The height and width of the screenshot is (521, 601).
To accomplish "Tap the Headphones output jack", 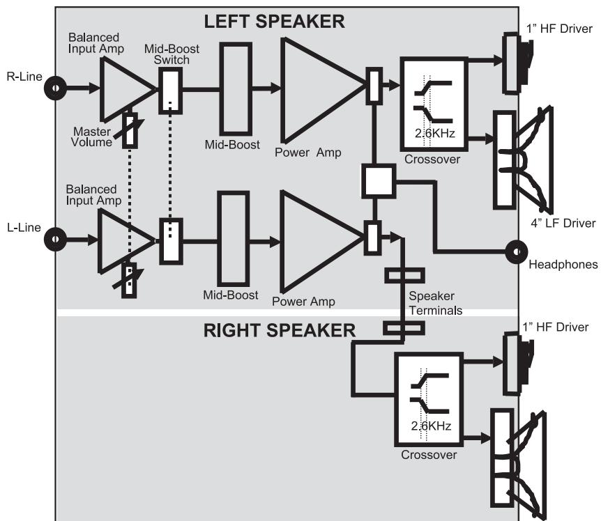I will click(517, 251).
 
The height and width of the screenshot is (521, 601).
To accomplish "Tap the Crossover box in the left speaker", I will click(432, 102).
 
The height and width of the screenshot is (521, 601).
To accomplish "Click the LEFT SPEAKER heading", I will click(273, 22).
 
